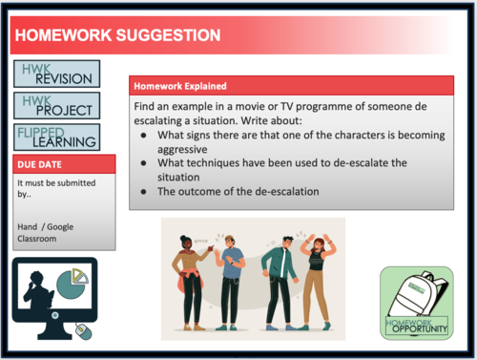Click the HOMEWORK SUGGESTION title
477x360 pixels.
(118, 36)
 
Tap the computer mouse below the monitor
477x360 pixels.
(82, 330)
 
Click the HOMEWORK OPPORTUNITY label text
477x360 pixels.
(417, 327)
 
